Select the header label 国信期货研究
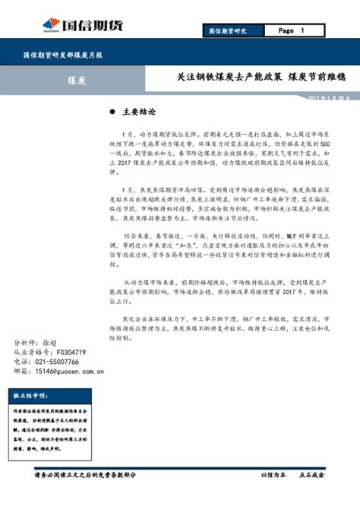point(230,31)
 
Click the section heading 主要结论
point(140,112)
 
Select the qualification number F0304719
point(65,353)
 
